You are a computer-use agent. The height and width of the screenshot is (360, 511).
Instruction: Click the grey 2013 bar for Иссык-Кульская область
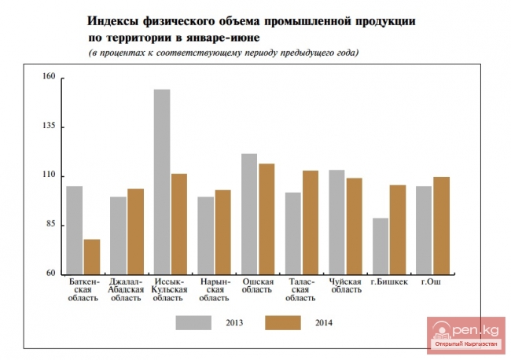point(162,182)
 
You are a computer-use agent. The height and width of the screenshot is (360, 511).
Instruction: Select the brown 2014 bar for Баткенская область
point(92,256)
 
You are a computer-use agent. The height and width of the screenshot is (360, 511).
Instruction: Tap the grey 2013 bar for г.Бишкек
point(380,245)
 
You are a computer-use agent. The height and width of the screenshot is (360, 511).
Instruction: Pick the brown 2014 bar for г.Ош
point(442,225)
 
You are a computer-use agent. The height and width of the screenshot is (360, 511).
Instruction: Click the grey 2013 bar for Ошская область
point(249,213)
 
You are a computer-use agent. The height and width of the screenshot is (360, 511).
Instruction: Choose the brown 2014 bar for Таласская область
point(311,222)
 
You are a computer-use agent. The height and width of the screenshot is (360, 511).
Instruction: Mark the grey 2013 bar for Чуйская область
point(336,222)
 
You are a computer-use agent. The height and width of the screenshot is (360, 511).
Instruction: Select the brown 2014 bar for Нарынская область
point(222,231)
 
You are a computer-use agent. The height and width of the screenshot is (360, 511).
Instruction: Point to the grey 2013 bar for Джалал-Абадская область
point(118,235)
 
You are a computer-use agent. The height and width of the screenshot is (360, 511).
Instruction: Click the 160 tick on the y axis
point(49,78)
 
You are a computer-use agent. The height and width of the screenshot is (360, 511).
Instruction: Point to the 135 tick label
point(49,127)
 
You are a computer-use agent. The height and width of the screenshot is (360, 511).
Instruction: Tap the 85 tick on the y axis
point(50,225)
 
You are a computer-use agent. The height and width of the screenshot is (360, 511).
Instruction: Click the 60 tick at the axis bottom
point(50,274)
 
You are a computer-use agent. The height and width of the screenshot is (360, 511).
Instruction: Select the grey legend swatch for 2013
point(193,322)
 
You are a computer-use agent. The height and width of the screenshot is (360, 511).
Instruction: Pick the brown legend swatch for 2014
point(283,322)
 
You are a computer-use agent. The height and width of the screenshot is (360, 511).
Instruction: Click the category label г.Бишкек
point(389,282)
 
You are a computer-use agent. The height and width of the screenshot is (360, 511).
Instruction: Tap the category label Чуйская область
point(345,285)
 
